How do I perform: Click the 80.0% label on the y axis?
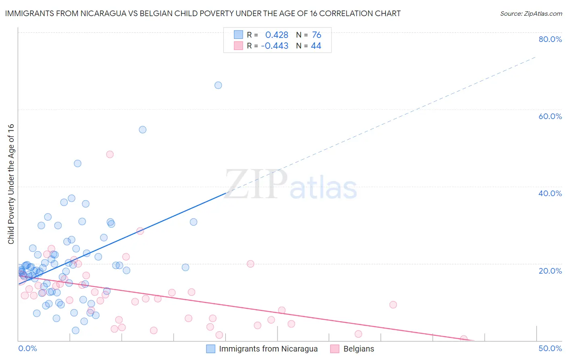[x=550, y=39]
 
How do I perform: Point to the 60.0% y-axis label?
[x=550, y=116]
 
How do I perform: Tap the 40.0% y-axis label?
[x=550, y=193]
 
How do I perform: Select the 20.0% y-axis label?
[x=550, y=270]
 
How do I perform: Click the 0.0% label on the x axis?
[x=27, y=348]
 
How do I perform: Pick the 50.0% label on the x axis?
[x=550, y=348]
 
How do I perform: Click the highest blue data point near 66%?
[x=218, y=85]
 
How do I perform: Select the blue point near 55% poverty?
[x=142, y=130]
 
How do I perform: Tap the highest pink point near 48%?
[x=110, y=154]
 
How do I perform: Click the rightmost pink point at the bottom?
[x=464, y=339]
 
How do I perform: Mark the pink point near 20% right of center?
[x=250, y=264]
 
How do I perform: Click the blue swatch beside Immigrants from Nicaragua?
[x=211, y=349]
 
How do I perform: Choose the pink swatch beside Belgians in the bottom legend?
[x=335, y=349]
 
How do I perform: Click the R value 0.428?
[x=277, y=35]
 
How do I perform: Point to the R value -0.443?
[x=275, y=46]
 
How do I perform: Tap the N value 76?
[x=317, y=35]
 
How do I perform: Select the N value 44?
[x=316, y=46]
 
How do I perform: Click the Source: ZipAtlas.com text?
[x=531, y=14]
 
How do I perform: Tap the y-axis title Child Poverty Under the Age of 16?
[x=11, y=184]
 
